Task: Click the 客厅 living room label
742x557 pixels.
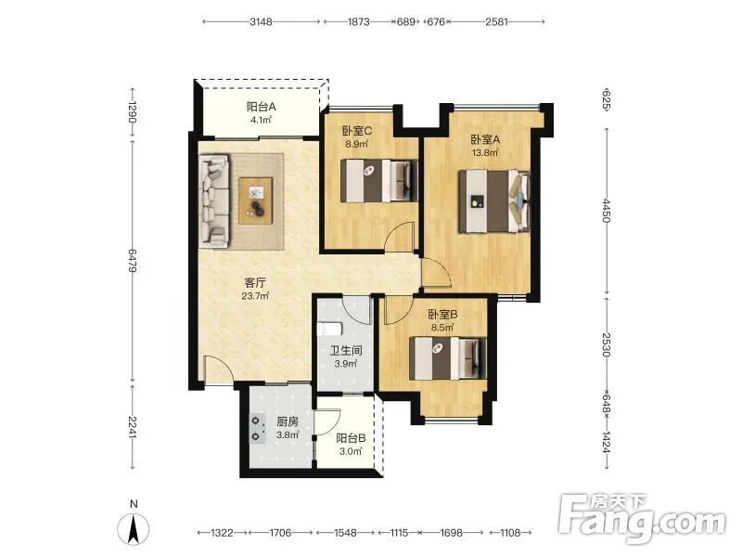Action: coord(254,283)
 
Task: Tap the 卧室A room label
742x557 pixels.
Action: coord(485,140)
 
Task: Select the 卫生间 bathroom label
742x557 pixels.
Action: coord(346,351)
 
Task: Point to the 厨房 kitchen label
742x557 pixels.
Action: coord(288,421)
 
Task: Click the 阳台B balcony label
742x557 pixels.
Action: coord(351,438)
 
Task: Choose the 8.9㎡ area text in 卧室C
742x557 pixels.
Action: coord(357,144)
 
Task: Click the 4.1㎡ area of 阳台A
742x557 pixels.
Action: coord(262,120)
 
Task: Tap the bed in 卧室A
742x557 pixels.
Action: coord(493,201)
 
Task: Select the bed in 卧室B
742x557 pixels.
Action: coord(448,358)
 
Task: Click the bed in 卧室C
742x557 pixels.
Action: coord(379,181)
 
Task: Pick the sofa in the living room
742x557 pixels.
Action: coord(214,201)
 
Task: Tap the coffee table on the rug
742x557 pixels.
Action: coord(256,201)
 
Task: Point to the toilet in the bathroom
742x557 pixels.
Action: coord(330,329)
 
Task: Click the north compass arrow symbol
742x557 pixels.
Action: coord(134,528)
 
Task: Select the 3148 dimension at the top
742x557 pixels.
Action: coord(262,21)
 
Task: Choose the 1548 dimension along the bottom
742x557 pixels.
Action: coord(345,533)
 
